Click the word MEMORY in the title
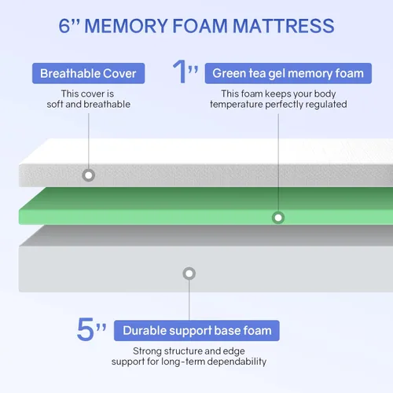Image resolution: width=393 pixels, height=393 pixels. pyautogui.click(x=127, y=26)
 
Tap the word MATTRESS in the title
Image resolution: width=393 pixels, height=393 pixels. pyautogui.click(x=284, y=26)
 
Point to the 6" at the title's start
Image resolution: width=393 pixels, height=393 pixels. pyautogui.click(x=69, y=26)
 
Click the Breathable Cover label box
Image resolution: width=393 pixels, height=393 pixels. pyautogui.click(x=88, y=73)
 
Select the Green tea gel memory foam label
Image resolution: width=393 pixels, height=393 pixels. pyautogui.click(x=288, y=73)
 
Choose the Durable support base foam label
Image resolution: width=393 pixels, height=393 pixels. pyautogui.click(x=196, y=331)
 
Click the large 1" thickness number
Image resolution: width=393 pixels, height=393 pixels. pyautogui.click(x=185, y=72)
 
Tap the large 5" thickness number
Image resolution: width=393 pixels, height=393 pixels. pyautogui.click(x=91, y=329)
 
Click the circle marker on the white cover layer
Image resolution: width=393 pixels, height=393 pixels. pyautogui.click(x=89, y=175)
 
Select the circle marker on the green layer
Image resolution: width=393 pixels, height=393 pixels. pyautogui.click(x=278, y=218)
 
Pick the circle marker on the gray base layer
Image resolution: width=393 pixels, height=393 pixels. pyautogui.click(x=189, y=274)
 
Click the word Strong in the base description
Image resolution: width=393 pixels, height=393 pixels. pyautogui.click(x=147, y=351)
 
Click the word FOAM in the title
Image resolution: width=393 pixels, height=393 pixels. pyautogui.click(x=200, y=26)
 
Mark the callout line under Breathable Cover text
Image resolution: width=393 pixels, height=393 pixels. pyautogui.click(x=89, y=141)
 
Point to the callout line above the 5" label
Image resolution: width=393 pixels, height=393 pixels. pyautogui.click(x=189, y=300)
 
